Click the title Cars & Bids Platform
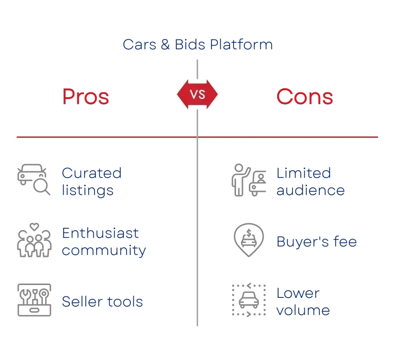[197, 45]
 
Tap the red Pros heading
[86, 97]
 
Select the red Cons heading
[305, 97]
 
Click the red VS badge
[197, 94]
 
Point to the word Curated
[91, 174]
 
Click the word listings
[87, 190]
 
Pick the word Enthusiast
[101, 233]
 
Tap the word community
[103, 251]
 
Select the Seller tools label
[103, 301]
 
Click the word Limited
[304, 174]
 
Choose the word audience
[311, 190]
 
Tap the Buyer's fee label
[317, 242]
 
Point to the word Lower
[298, 292]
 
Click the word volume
[303, 310]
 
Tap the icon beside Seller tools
[33, 299]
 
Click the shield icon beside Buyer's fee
[248, 241]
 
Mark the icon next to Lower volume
[248, 299]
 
